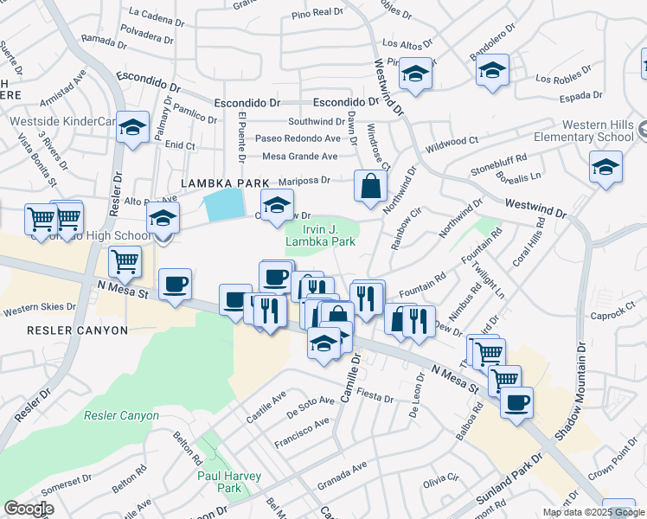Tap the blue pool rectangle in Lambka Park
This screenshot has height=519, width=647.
222,204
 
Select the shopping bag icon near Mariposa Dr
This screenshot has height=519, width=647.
370,185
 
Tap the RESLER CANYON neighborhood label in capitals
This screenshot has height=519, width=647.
77,330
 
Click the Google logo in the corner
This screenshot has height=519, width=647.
29,509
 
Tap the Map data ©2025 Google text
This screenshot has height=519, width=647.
593,512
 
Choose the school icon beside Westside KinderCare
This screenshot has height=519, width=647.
132,128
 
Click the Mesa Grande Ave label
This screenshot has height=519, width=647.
299,157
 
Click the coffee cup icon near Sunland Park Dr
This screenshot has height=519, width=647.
516,402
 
